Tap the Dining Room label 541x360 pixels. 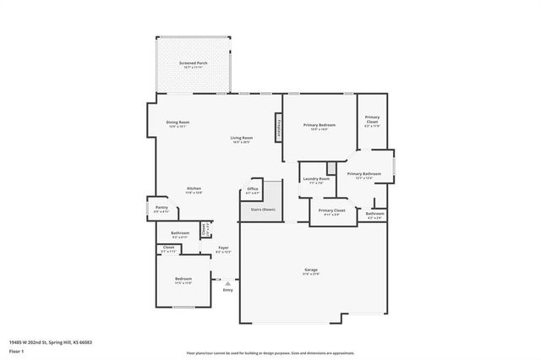[178, 123]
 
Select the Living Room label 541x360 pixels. [243, 138]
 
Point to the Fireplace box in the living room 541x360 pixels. [278, 128]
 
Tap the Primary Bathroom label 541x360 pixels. [365, 174]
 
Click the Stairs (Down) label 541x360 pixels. [262, 209]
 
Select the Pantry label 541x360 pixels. [161, 207]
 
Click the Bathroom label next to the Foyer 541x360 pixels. [180, 233]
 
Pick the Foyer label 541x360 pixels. [223, 248]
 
